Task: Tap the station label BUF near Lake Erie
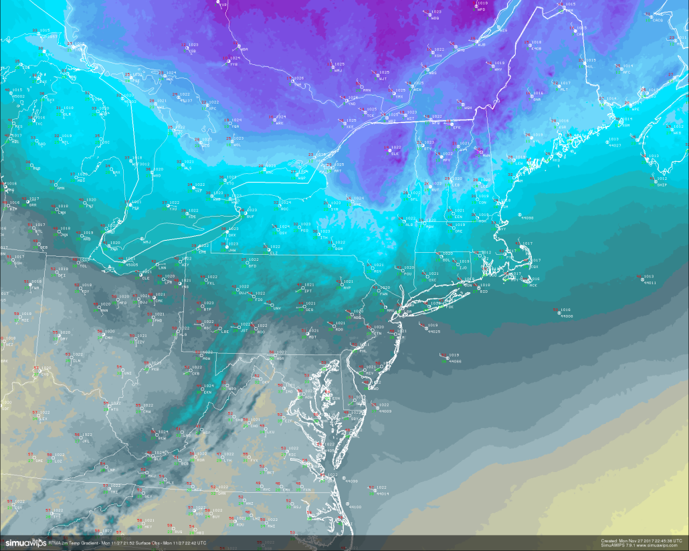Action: tap(250, 217)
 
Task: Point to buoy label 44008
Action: tap(567, 316)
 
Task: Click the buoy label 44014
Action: tap(383, 493)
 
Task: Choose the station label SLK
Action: tap(395, 154)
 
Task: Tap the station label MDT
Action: tap(312, 337)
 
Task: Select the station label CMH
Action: tap(108, 338)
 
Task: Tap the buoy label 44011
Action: tap(649, 283)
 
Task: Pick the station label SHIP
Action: tap(662, 185)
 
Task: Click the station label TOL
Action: tap(84, 265)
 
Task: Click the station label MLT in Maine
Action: tap(563, 90)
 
